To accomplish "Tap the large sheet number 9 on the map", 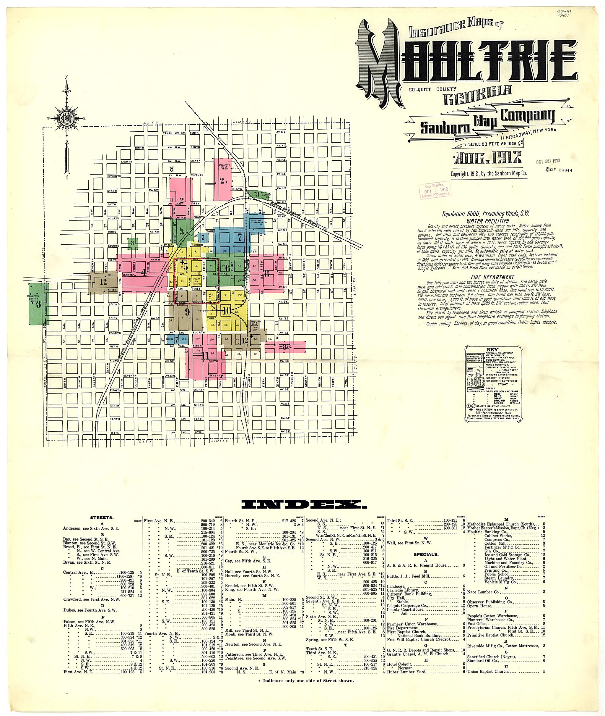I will tap(187, 312).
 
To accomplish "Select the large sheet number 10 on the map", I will tap(226, 311).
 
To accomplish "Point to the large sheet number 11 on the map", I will tap(205, 356).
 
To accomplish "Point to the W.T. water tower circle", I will tap(172, 169).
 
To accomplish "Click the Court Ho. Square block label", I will tap(197, 281).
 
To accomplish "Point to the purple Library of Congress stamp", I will tap(433, 190).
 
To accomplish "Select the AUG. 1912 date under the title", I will tap(487, 158).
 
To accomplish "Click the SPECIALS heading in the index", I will tap(426, 554).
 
